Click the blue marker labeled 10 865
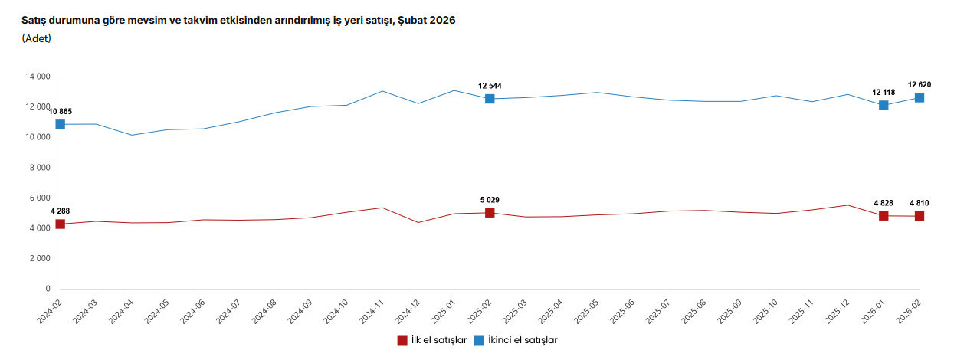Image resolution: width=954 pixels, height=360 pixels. [60, 124]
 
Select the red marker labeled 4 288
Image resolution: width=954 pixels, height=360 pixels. [60, 224]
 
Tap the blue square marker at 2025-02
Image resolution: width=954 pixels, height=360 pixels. [490, 99]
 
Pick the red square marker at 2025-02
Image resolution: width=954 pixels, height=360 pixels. [490, 212]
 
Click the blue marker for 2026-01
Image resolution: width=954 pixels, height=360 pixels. [884, 105]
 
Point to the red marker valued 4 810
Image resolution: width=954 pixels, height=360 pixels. [919, 216]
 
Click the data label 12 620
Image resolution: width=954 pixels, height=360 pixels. [920, 84]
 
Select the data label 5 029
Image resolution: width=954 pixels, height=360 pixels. [490, 200]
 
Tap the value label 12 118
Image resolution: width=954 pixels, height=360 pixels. [884, 92]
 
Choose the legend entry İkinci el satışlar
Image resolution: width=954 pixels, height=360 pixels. [515, 340]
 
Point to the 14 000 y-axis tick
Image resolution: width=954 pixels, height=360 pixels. [38, 77]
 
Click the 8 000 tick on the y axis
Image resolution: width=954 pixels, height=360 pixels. [40, 168]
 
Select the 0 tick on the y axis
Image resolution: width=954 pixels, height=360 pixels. [48, 289]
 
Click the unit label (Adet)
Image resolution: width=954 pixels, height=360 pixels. [37, 38]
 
